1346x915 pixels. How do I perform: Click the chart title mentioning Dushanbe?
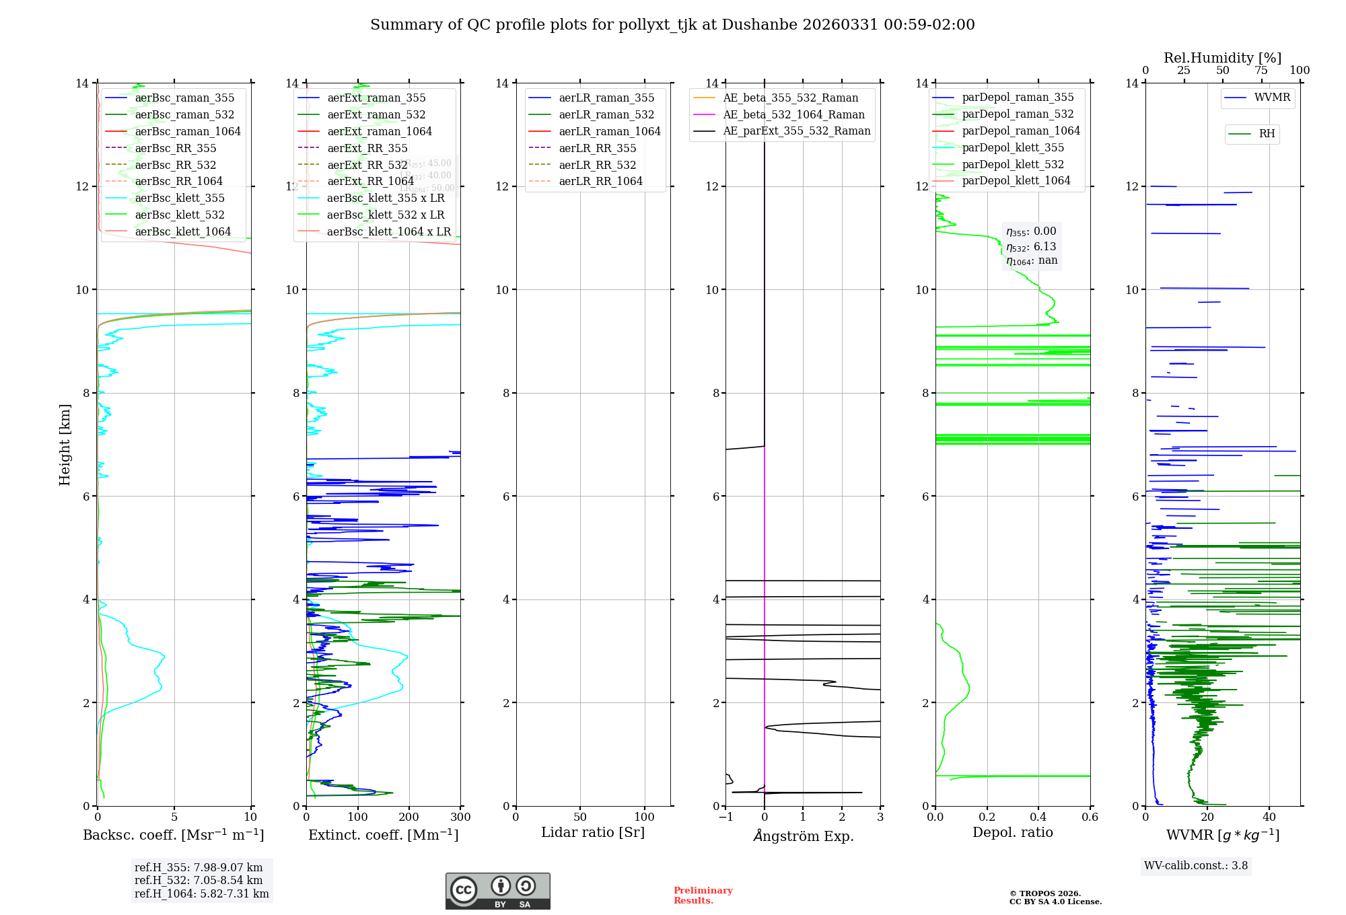click(x=672, y=25)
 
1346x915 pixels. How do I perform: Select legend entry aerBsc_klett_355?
click(x=180, y=198)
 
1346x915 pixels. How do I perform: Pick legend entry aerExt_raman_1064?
click(x=380, y=131)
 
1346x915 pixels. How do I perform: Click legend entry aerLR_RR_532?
click(x=597, y=165)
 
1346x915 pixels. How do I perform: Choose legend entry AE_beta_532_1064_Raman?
click(x=793, y=114)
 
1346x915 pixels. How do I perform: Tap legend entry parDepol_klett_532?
click(x=1013, y=164)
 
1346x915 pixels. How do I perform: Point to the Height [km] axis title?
click(x=65, y=445)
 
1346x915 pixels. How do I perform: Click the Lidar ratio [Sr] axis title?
click(x=593, y=833)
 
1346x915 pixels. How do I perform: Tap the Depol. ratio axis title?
click(x=1012, y=833)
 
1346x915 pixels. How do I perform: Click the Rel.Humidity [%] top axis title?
click(x=1222, y=58)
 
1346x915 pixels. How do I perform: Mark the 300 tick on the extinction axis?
click(x=460, y=817)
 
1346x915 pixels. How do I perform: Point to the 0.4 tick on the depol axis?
click(x=1038, y=817)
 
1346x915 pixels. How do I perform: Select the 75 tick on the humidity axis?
click(x=1261, y=71)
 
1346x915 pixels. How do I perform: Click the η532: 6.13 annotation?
click(x=1031, y=247)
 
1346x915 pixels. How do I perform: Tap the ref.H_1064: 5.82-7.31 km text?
click(x=201, y=894)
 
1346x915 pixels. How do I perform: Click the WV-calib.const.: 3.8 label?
click(x=1196, y=866)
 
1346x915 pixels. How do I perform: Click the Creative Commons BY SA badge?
click(x=497, y=891)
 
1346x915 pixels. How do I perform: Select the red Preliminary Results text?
click(x=703, y=895)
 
